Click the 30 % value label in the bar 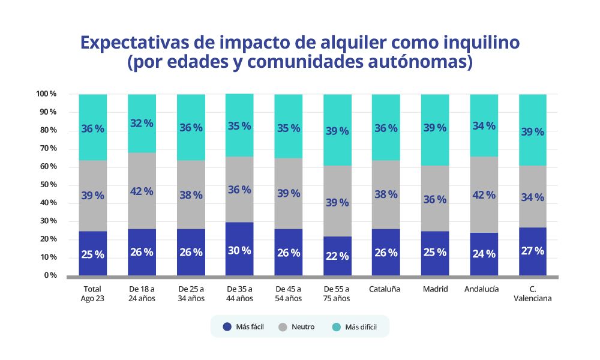pyautogui.click(x=239, y=250)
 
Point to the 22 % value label pyautogui.click(x=337, y=256)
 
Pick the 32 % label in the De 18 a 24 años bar pyautogui.click(x=142, y=124)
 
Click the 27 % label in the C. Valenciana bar pyautogui.click(x=532, y=251)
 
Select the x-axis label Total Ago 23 pyautogui.click(x=92, y=293)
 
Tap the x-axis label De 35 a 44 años pyautogui.click(x=239, y=293)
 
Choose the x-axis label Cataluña pyautogui.click(x=386, y=289)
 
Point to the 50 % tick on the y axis pyautogui.click(x=46, y=185)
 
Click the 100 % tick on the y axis pyautogui.click(x=46, y=94)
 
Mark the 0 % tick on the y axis pyautogui.click(x=50, y=275)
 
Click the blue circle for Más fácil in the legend pyautogui.click(x=227, y=327)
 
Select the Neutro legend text pyautogui.click(x=303, y=327)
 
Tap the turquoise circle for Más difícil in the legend pyautogui.click(x=336, y=327)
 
